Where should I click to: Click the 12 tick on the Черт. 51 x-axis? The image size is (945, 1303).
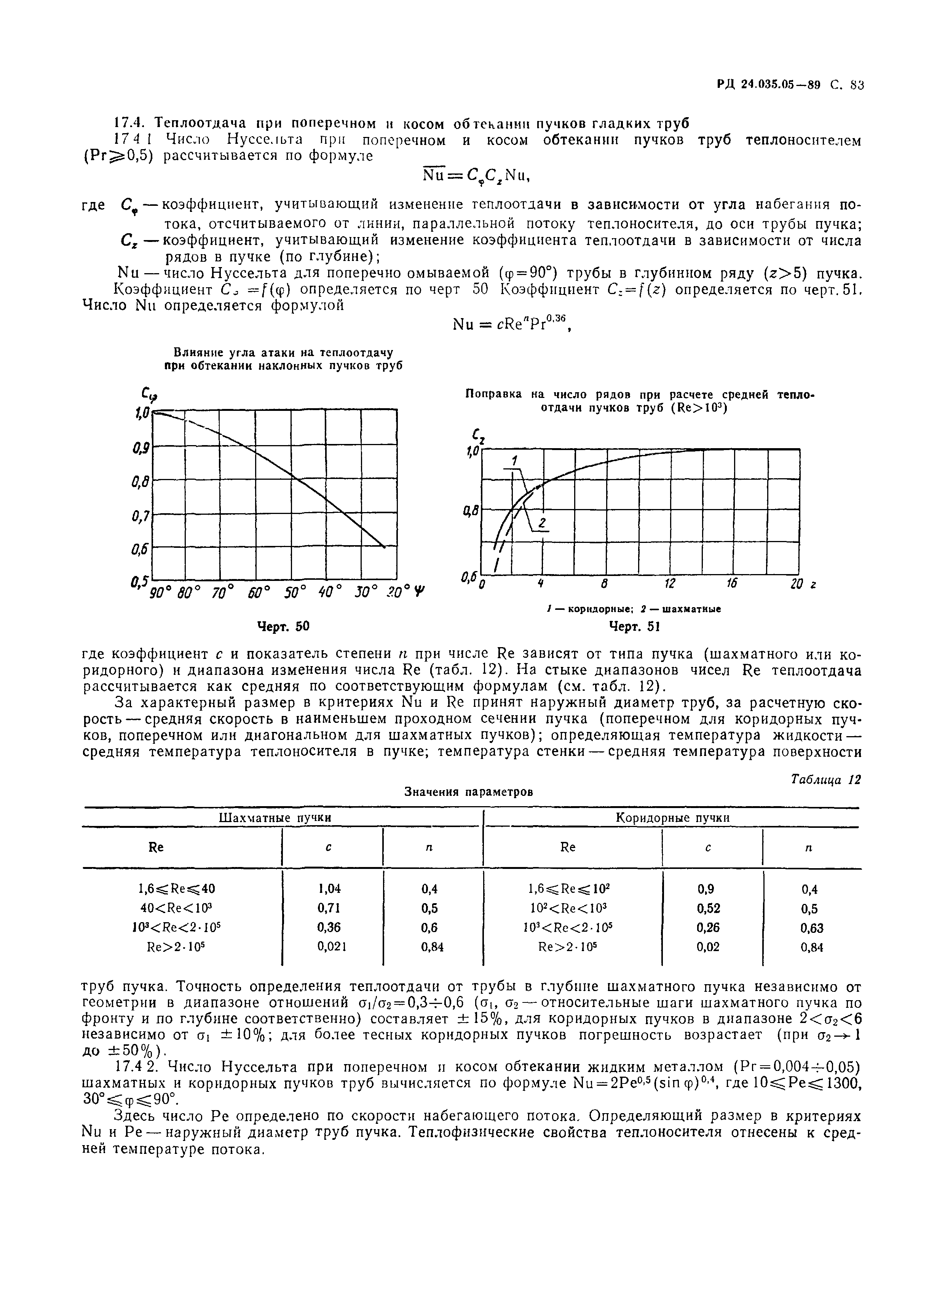tap(669, 584)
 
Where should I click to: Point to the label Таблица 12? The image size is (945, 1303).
tap(825, 780)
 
